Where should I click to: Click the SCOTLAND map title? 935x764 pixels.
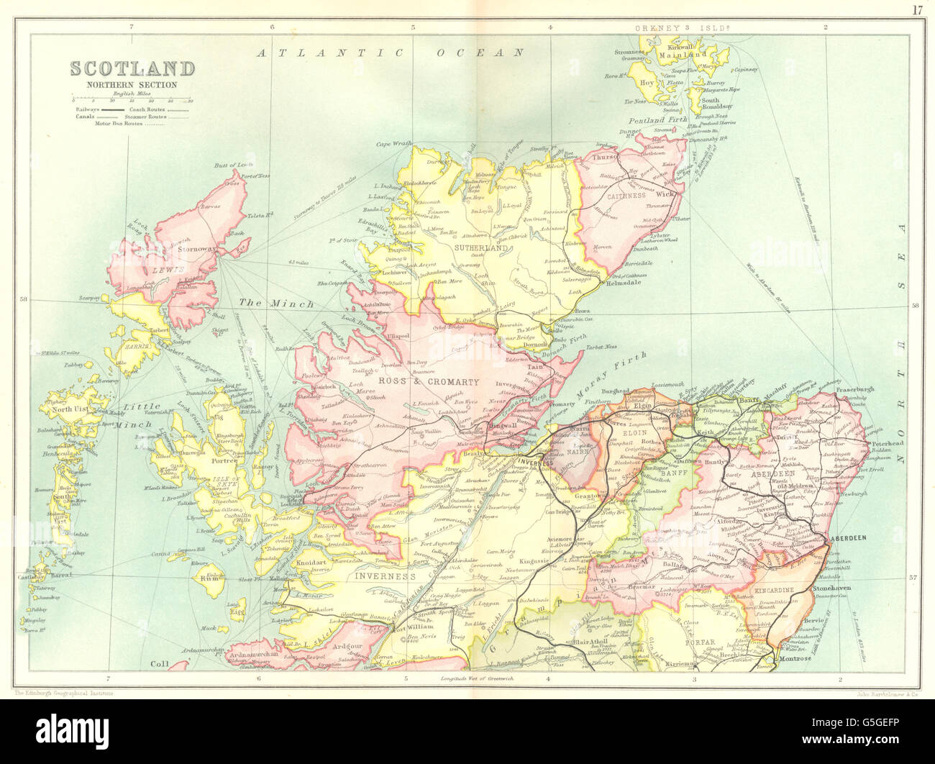(x=132, y=69)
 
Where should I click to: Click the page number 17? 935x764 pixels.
(x=916, y=9)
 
